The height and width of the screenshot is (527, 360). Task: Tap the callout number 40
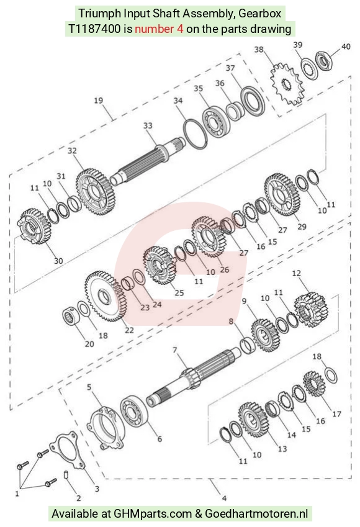(346, 47)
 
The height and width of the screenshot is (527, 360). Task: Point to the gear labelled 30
(34, 226)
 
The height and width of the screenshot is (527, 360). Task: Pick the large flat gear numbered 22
(104, 296)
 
